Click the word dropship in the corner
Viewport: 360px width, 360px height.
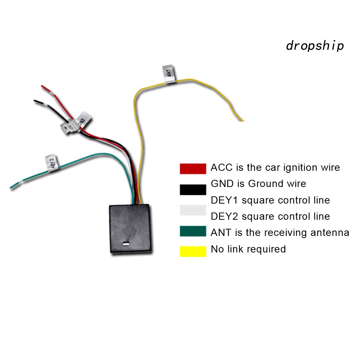[315, 46]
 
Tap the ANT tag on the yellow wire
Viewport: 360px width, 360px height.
[170, 75]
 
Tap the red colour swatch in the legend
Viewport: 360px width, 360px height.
[193, 168]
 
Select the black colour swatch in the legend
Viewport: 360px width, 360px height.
[193, 190]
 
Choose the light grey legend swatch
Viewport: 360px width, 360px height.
[193, 210]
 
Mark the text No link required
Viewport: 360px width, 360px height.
[248, 249]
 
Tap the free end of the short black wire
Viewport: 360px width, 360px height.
[36, 101]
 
